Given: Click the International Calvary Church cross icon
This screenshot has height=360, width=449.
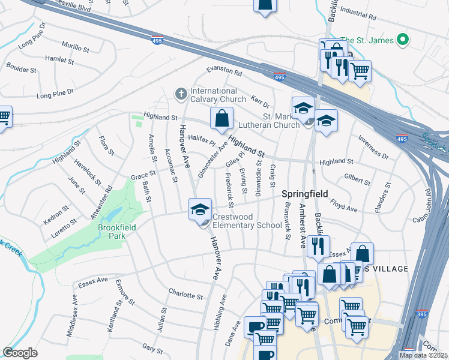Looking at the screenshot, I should (x=179, y=94).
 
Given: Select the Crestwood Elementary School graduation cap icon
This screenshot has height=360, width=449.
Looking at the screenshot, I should (x=200, y=209).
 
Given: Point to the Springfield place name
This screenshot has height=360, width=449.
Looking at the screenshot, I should (x=304, y=194).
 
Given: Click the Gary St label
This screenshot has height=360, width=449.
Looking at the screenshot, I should (x=152, y=349).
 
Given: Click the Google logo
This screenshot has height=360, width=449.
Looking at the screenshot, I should (x=20, y=353).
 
